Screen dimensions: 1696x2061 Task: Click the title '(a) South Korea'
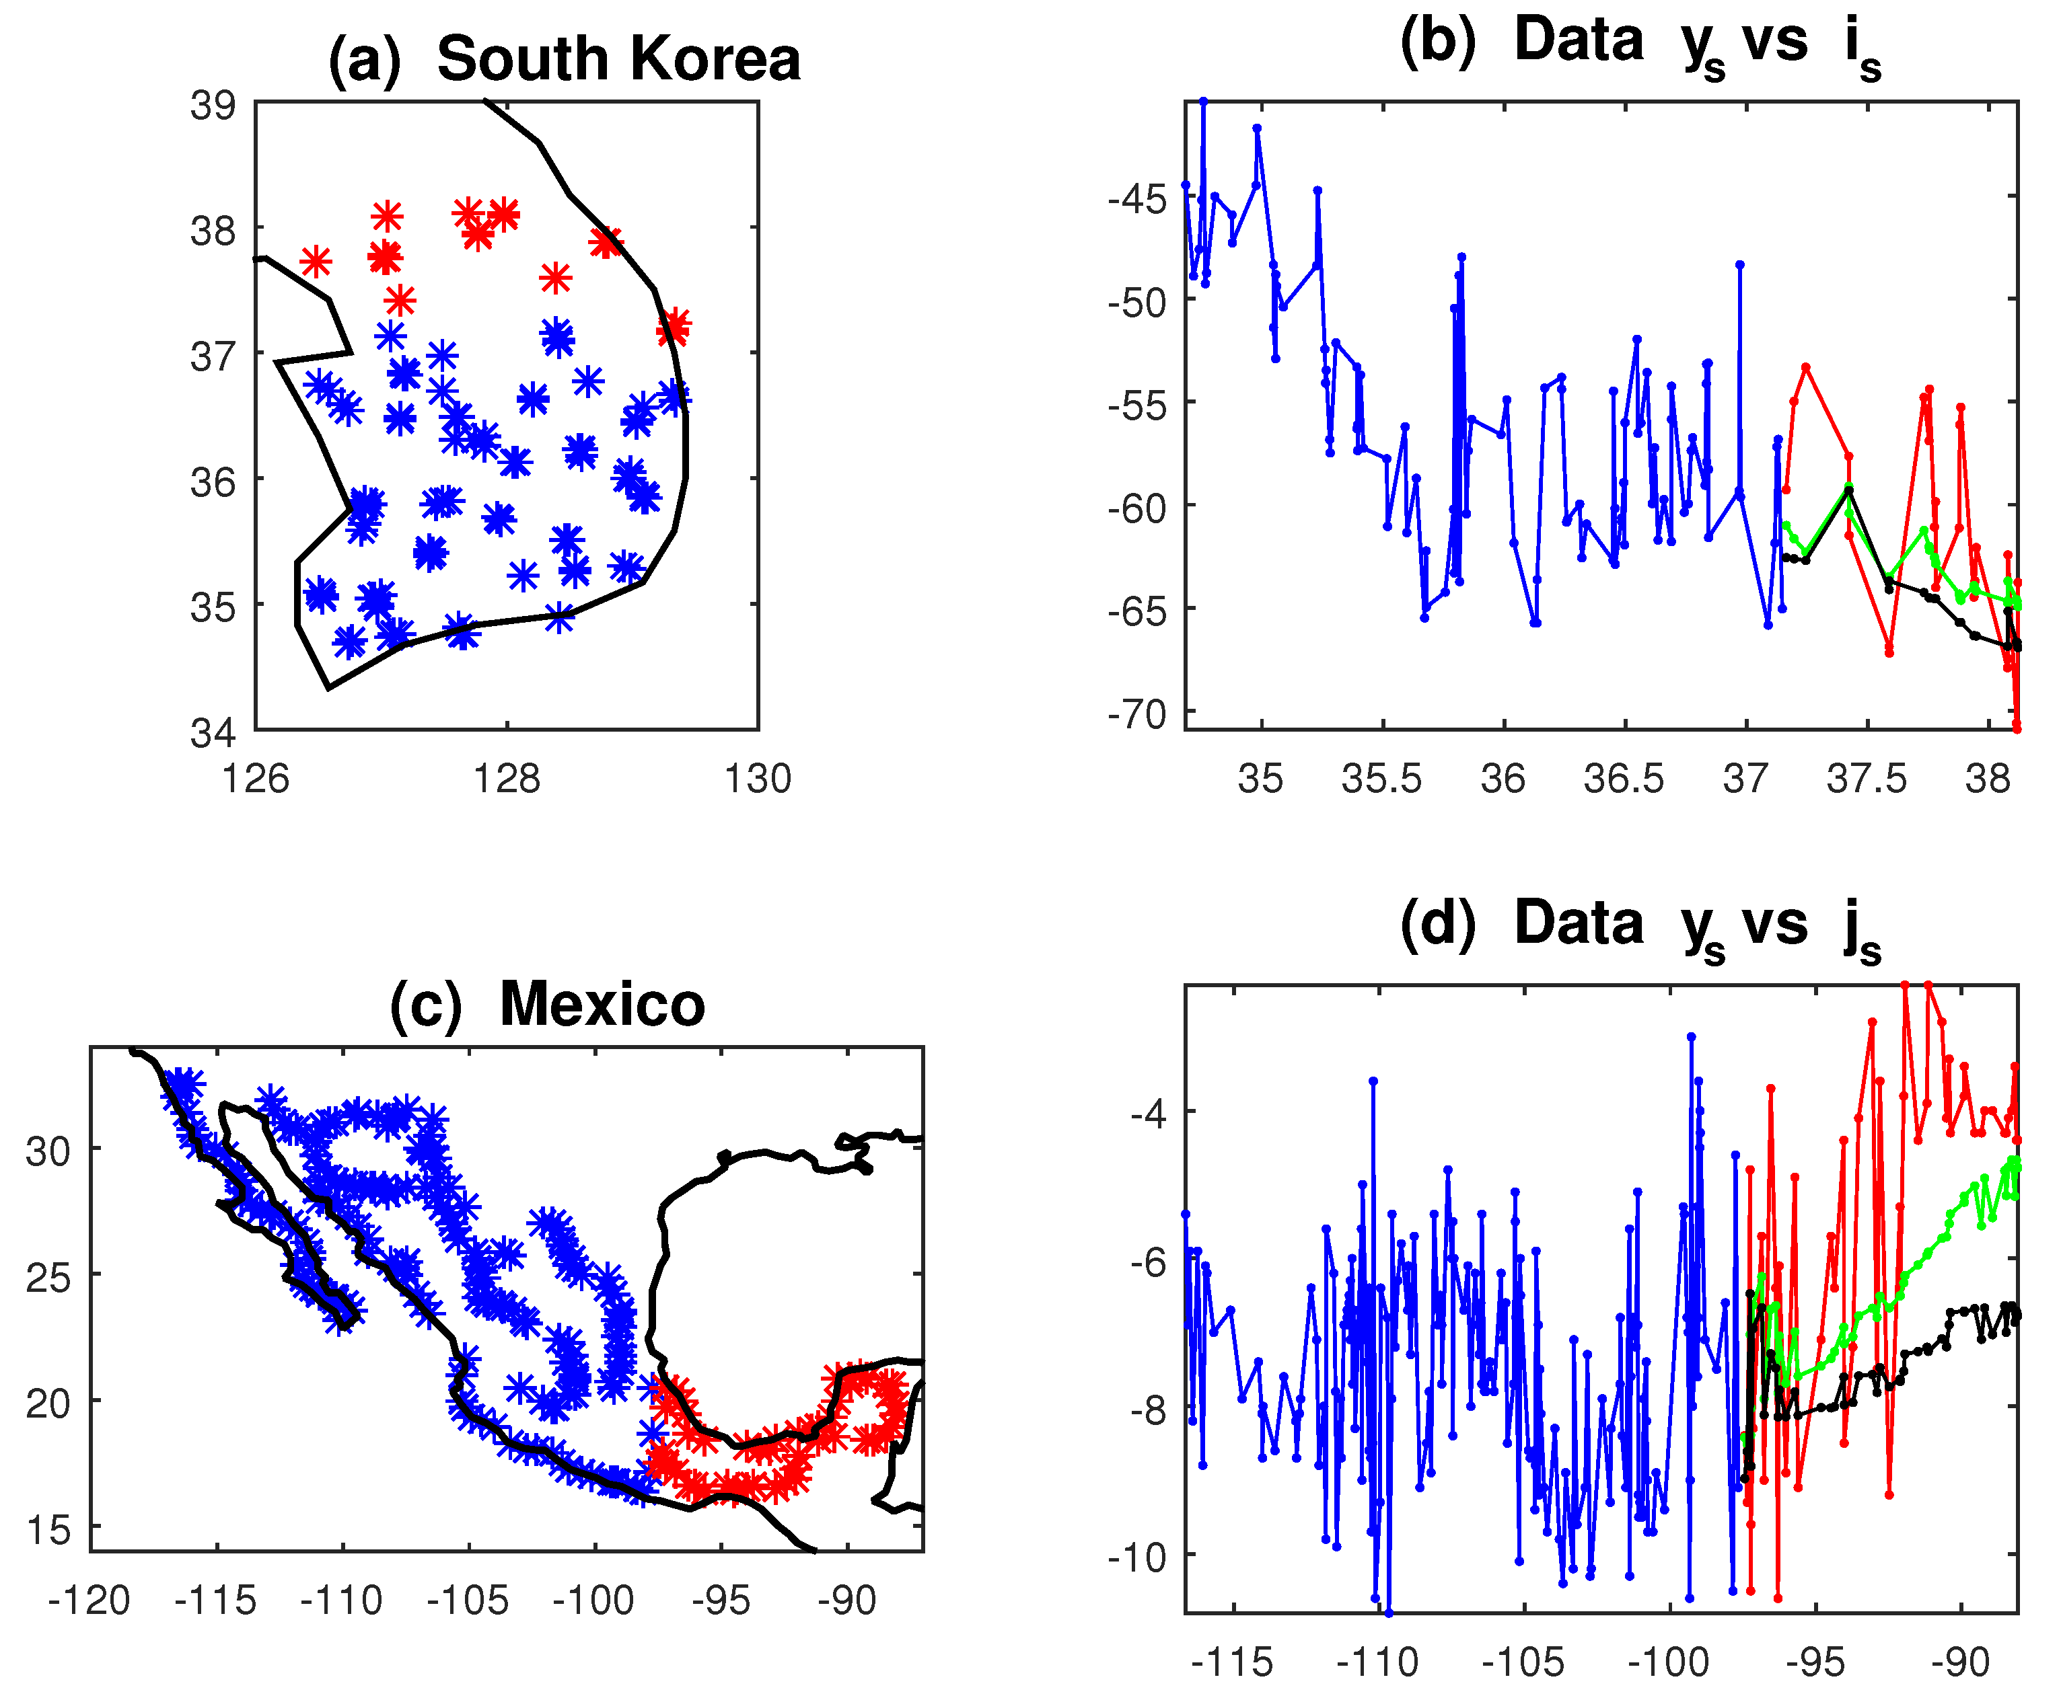click(564, 59)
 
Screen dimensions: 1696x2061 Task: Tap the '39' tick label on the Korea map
click(213, 104)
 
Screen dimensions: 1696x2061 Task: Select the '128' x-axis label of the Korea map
click(506, 779)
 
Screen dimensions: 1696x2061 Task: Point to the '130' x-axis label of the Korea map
click(758, 779)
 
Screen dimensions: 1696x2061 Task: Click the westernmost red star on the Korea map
click(316, 262)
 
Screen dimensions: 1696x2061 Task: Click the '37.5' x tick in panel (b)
click(1867, 779)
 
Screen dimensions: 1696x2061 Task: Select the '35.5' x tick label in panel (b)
click(1382, 779)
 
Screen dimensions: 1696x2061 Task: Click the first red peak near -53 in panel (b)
click(1806, 367)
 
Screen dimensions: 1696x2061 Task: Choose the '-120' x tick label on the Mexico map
click(89, 1601)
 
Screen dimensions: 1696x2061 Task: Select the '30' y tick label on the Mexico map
click(49, 1151)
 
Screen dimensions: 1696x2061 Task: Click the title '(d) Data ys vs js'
click(1640, 923)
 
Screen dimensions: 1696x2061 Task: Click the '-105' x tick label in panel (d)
click(1523, 1662)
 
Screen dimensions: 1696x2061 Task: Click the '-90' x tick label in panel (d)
click(1960, 1662)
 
